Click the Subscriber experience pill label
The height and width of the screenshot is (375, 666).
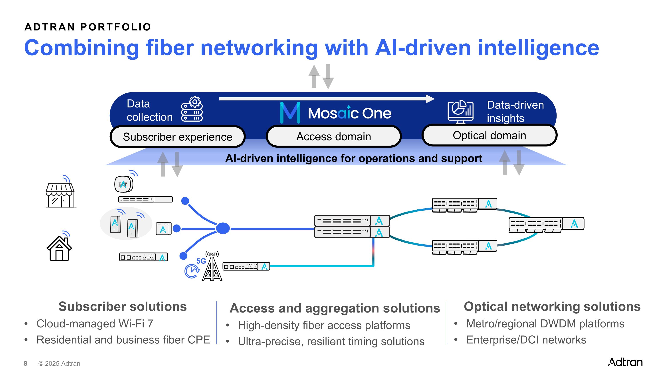click(x=177, y=137)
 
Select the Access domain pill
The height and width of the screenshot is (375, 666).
click(x=333, y=136)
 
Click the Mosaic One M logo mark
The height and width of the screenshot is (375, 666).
click(x=290, y=112)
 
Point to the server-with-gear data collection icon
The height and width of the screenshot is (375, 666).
click(x=192, y=109)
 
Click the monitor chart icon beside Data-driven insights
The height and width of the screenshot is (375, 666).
click(x=460, y=112)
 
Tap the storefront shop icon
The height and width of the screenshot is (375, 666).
click(x=61, y=195)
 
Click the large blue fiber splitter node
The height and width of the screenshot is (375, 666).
click(x=223, y=228)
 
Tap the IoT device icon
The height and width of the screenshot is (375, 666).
click(x=124, y=184)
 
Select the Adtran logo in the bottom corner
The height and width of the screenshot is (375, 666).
click(x=625, y=362)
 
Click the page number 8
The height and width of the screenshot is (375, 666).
click(x=25, y=364)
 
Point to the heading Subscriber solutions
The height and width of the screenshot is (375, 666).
click(x=123, y=307)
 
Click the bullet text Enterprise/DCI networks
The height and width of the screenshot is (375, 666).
click(x=526, y=340)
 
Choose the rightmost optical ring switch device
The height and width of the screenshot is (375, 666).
click(x=546, y=224)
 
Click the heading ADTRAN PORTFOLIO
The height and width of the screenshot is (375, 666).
click(x=88, y=27)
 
